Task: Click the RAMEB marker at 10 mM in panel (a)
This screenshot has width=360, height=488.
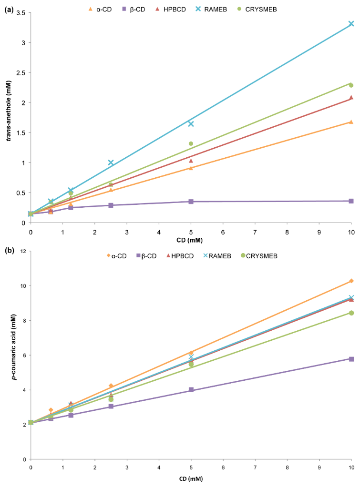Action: [351, 23]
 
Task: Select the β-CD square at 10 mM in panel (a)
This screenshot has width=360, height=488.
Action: [351, 201]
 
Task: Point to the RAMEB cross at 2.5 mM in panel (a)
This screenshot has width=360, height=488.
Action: [111, 163]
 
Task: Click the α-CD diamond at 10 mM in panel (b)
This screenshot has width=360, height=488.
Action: [351, 281]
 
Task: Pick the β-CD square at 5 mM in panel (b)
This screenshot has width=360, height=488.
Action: [191, 390]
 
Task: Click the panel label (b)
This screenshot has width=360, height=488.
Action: [8, 249]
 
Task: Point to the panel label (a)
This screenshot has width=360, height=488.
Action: [8, 8]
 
